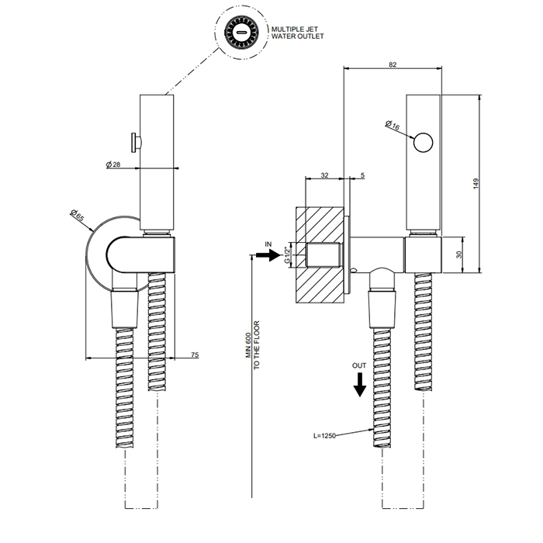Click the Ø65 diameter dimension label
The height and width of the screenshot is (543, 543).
[x=77, y=216]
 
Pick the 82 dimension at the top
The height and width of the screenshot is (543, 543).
[x=393, y=64]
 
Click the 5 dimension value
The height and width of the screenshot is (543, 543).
[x=362, y=176]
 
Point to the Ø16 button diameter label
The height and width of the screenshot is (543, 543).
[x=393, y=124]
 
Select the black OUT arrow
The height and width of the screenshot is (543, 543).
[x=359, y=383]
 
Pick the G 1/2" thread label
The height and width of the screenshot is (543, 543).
[x=288, y=254]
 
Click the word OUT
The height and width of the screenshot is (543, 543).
[x=359, y=364]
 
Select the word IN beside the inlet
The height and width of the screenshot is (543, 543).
[x=268, y=244]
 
